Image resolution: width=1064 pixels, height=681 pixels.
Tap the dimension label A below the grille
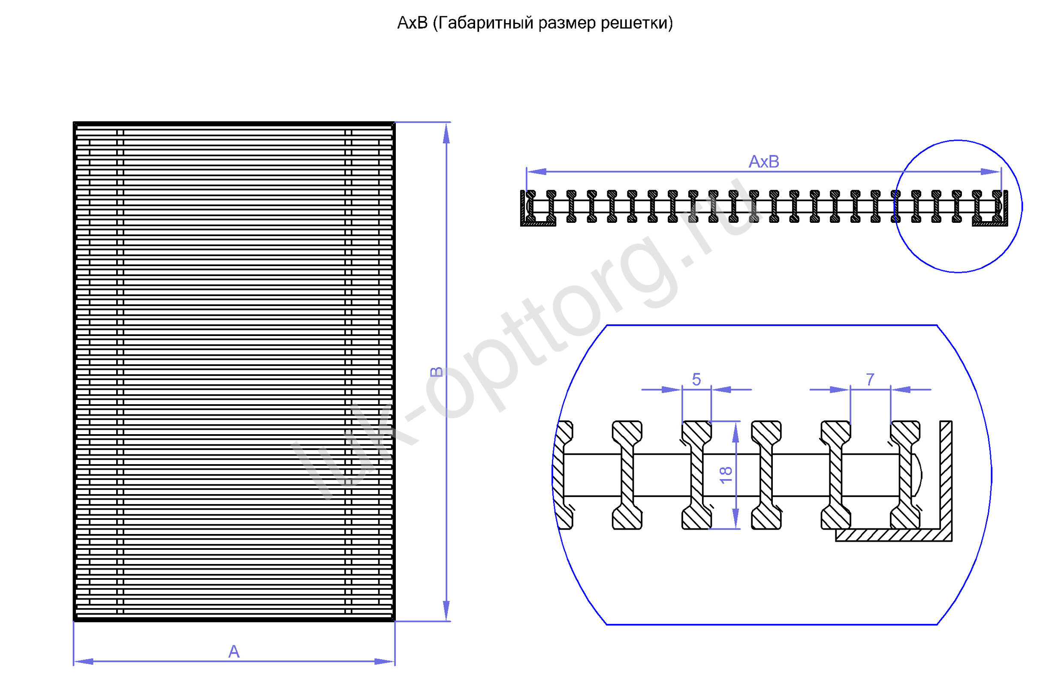click(234, 651)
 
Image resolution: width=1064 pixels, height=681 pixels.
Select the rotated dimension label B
click(436, 372)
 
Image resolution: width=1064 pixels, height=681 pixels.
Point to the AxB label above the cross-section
click(764, 162)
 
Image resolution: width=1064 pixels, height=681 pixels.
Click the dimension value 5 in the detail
click(696, 379)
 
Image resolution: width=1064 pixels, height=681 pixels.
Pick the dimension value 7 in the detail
click(870, 379)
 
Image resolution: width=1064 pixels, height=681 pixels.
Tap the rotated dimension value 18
click(726, 475)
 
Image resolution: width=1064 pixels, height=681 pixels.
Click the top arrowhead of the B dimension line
click(446, 133)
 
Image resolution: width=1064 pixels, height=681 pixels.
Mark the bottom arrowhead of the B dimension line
click(446, 610)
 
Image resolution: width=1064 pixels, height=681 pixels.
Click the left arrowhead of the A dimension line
click(84, 662)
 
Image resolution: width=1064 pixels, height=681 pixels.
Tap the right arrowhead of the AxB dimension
click(991, 171)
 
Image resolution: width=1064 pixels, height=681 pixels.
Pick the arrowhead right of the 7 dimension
click(901, 390)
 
